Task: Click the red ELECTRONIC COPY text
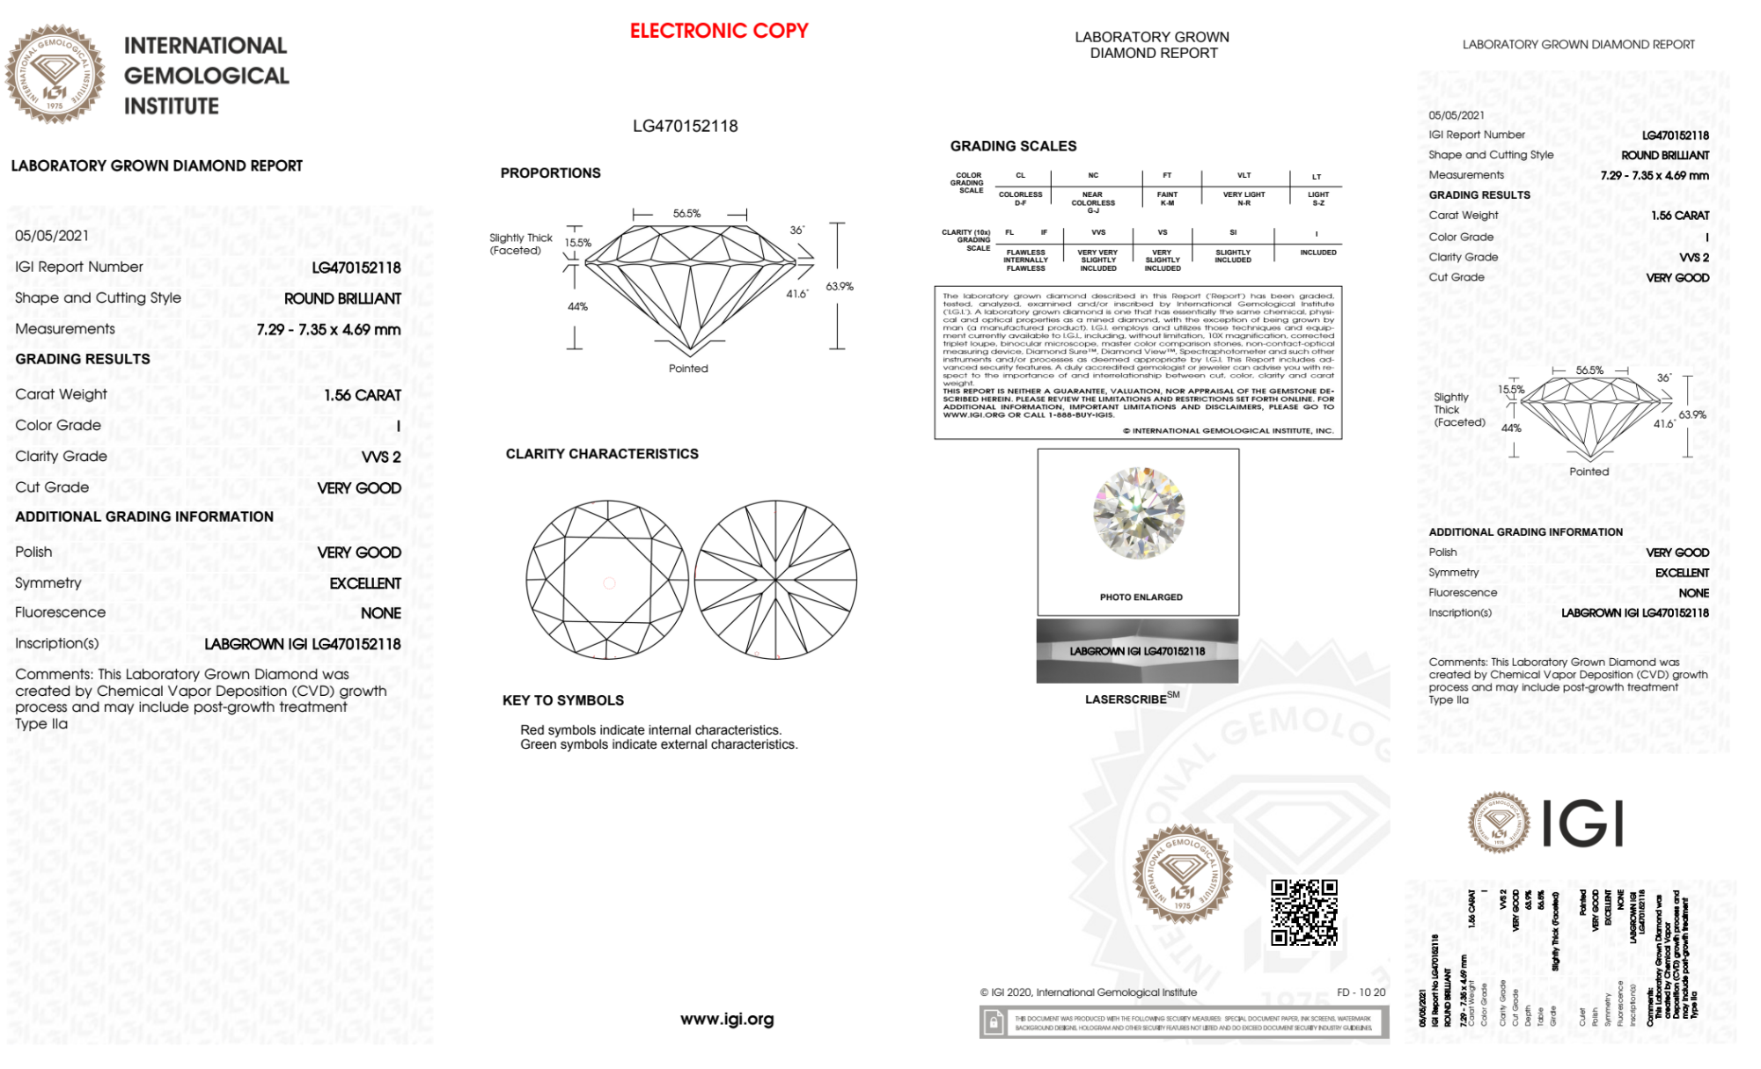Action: point(718,31)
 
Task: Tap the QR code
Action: point(1303,912)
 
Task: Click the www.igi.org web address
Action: point(727,1019)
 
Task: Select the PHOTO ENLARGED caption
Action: point(1141,597)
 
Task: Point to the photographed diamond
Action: point(1139,513)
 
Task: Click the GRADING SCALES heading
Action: point(1013,146)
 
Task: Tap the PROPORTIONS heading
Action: point(550,173)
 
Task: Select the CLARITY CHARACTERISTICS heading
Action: point(602,454)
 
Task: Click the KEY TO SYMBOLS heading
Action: point(563,700)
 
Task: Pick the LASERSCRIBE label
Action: point(1126,699)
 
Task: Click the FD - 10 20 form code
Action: point(1361,992)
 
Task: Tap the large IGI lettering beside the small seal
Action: point(1583,824)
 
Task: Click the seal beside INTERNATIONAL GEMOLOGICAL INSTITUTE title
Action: point(55,74)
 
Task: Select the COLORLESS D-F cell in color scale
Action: point(1020,199)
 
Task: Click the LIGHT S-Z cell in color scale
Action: point(1317,199)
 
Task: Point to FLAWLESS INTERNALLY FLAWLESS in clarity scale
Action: point(1025,260)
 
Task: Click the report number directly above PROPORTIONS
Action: point(685,126)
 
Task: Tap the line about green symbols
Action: point(658,744)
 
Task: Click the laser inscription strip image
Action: point(1137,651)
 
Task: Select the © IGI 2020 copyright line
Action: point(1089,992)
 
